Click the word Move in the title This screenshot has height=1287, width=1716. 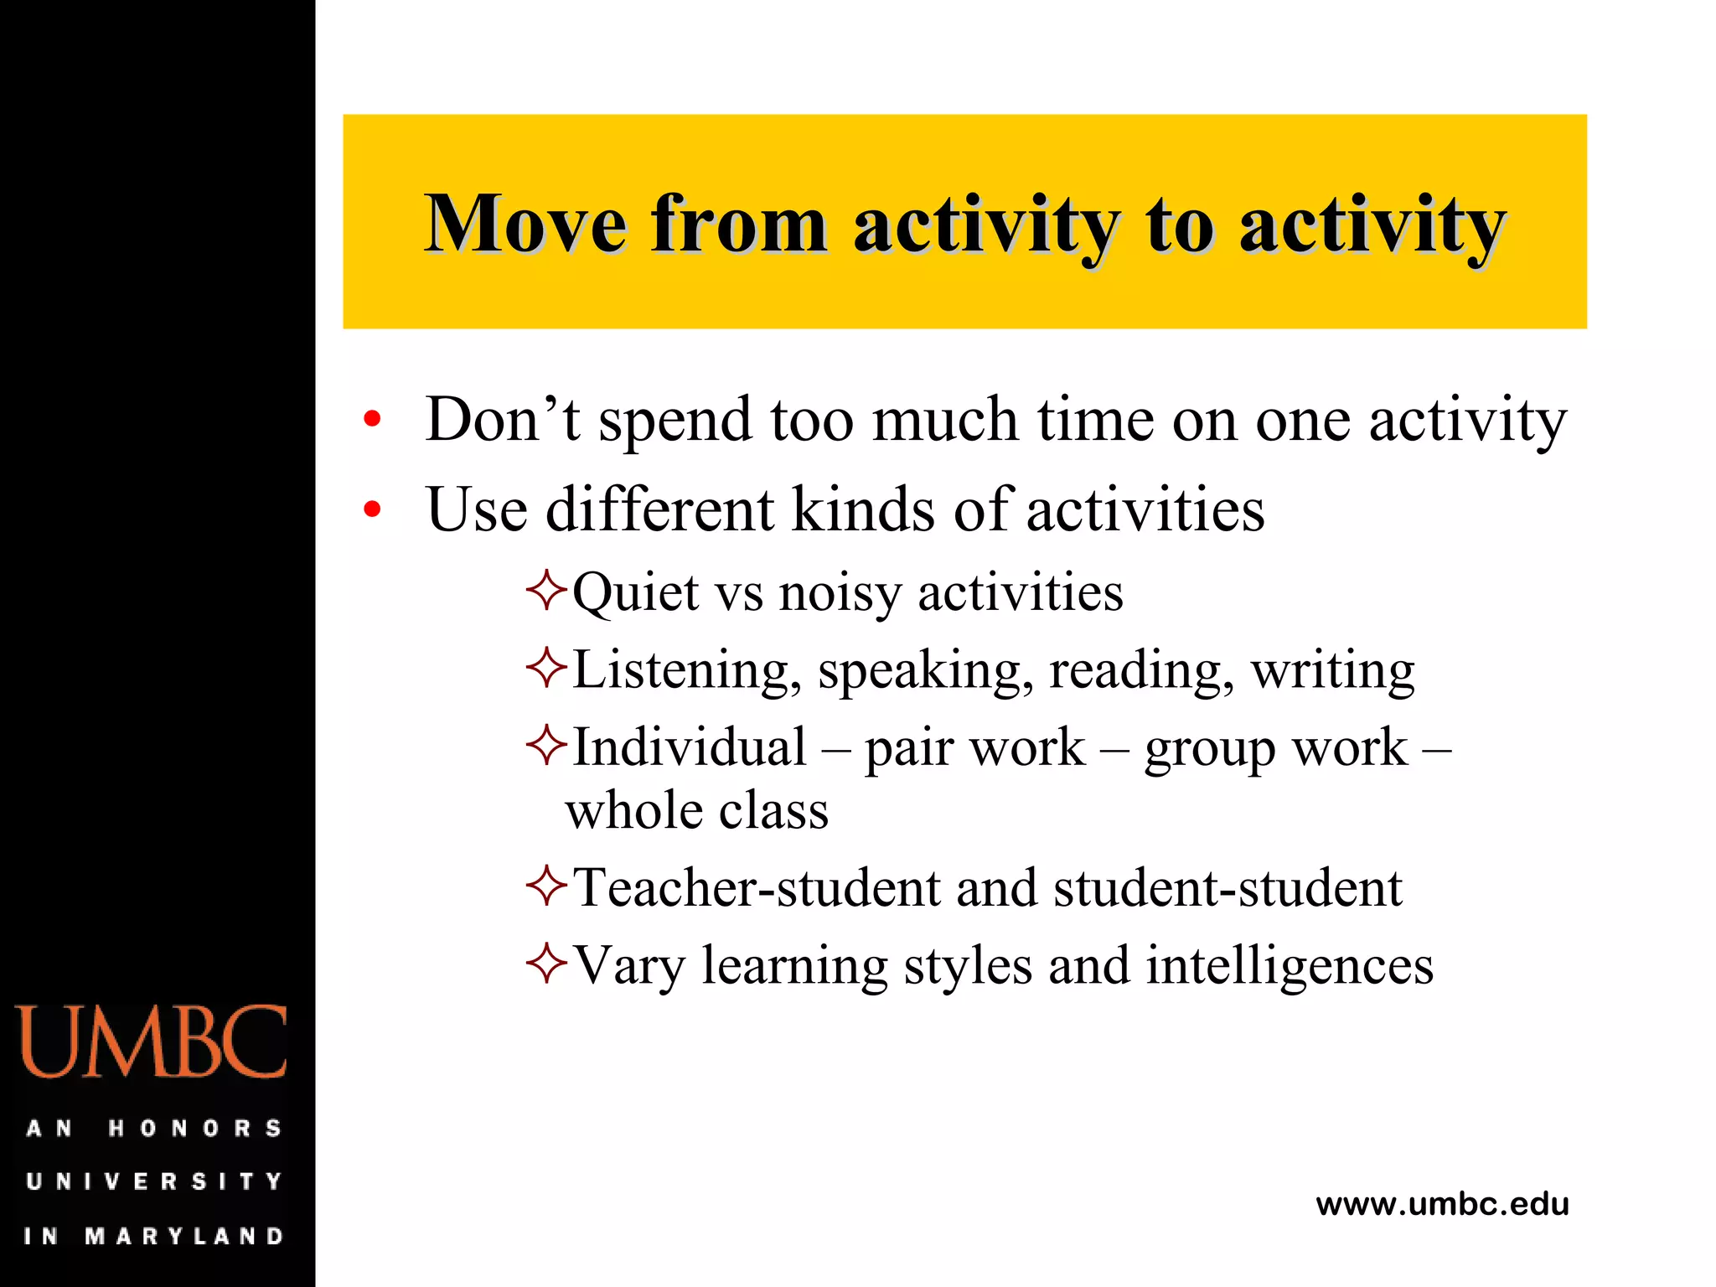pos(525,224)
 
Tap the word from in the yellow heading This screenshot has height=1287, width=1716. pos(738,224)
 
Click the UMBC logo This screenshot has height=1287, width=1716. pos(152,1041)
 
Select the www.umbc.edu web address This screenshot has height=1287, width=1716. pos(1442,1204)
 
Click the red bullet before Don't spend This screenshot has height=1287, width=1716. pos(373,419)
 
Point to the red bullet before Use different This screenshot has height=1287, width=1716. pos(373,509)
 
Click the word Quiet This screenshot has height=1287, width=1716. pos(635,593)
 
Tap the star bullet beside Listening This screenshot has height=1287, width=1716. pos(546,669)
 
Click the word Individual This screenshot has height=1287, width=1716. pos(689,747)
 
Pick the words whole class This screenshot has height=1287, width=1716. pos(696,811)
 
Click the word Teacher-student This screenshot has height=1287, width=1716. pos(757,888)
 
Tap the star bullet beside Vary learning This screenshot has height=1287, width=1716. pos(546,964)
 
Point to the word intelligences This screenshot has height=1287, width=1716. pos(1290,966)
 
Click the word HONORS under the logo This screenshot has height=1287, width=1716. pos(194,1129)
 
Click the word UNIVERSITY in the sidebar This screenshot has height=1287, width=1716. pos(154,1181)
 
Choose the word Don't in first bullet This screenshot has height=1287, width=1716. pos(502,419)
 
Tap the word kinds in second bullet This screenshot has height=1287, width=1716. pos(862,509)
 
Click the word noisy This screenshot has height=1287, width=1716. pos(840,593)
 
